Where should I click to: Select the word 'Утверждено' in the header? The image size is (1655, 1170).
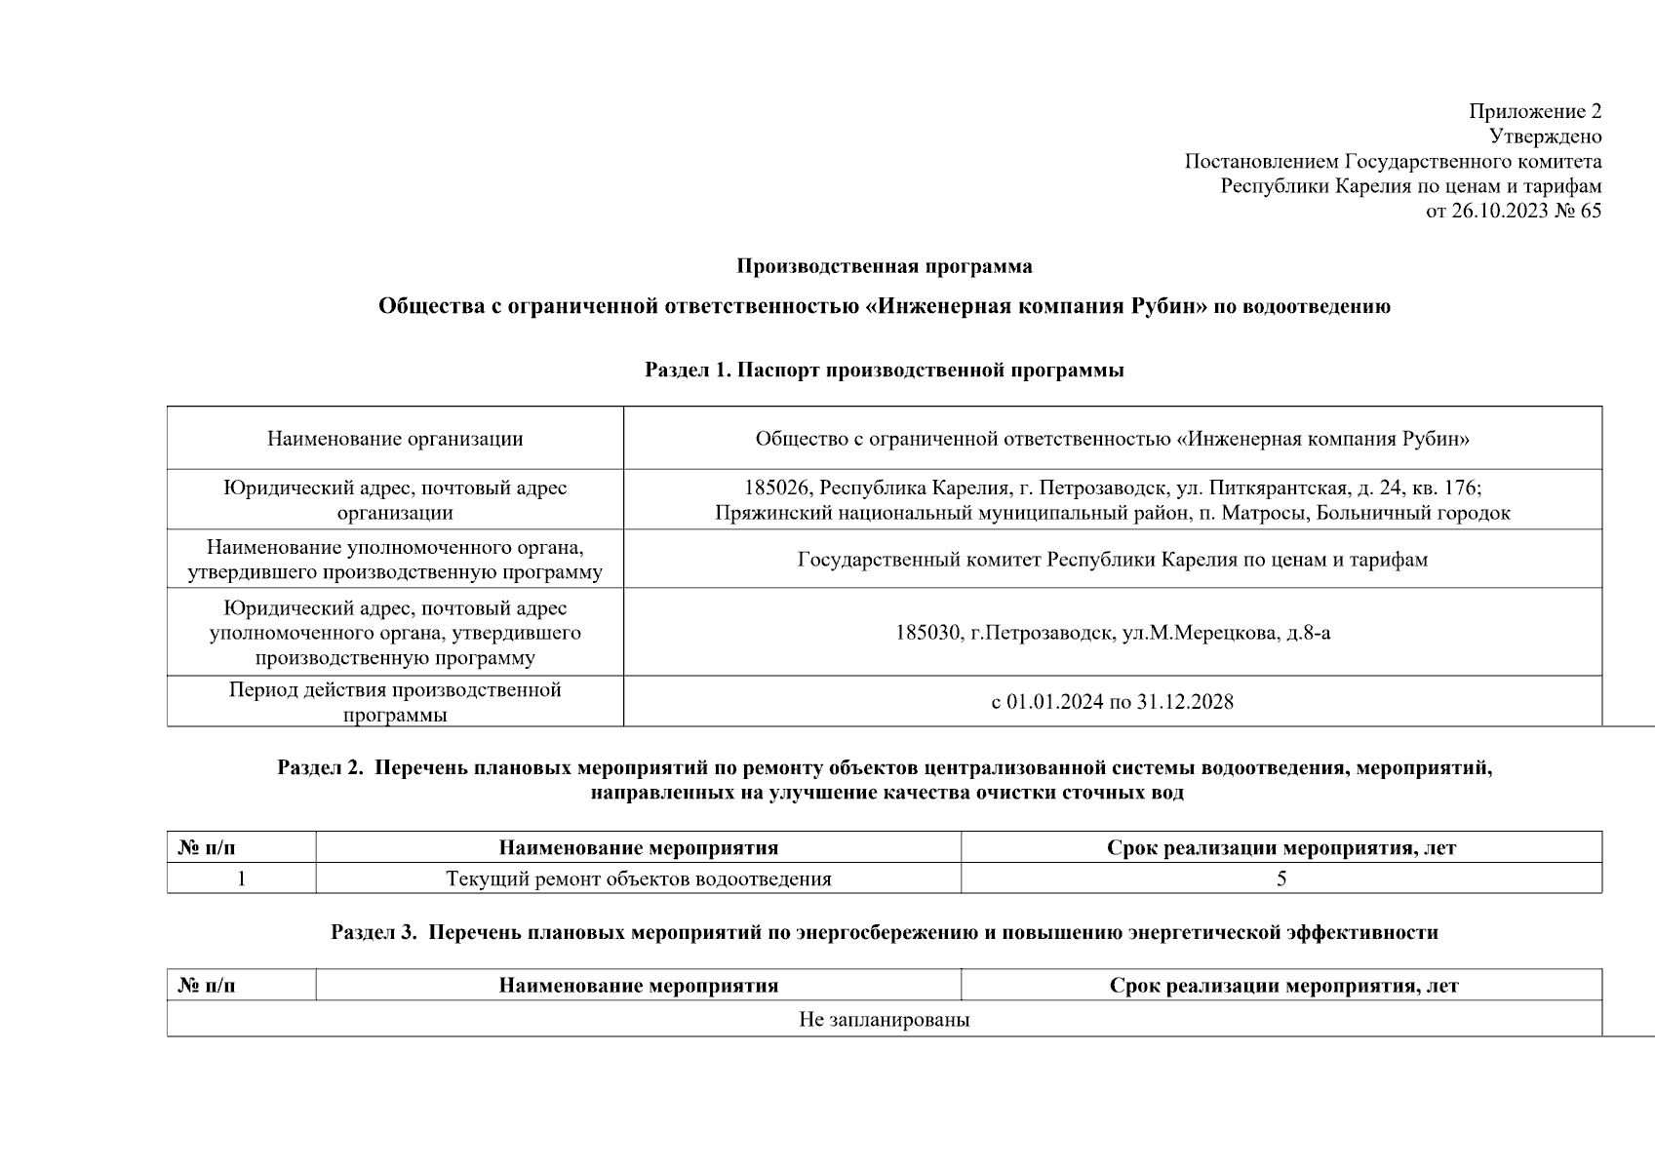pyautogui.click(x=1545, y=136)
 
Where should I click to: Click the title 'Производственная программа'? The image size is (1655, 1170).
pyautogui.click(x=884, y=266)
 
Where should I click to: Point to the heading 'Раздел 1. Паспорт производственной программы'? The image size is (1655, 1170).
pyautogui.click(x=884, y=370)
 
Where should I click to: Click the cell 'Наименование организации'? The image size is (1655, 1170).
pyautogui.click(x=395, y=439)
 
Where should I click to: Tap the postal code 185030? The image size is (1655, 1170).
pyautogui.click(x=927, y=633)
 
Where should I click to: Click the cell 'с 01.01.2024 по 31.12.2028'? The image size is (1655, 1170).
pyautogui.click(x=1112, y=701)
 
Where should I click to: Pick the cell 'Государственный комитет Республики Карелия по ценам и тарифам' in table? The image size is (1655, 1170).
pyautogui.click(x=1112, y=560)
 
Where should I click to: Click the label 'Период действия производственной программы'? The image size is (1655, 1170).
pyautogui.click(x=395, y=701)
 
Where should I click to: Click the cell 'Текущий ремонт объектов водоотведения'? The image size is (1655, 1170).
pyautogui.click(x=639, y=878)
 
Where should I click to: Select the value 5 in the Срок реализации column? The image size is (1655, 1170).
pyautogui.click(x=1281, y=878)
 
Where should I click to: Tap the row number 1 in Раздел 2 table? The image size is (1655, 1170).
pyautogui.click(x=241, y=878)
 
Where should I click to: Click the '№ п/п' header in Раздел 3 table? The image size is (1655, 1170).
pyautogui.click(x=207, y=986)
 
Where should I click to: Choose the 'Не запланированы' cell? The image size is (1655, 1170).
pyautogui.click(x=884, y=1020)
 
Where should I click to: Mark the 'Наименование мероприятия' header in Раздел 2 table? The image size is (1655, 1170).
pyautogui.click(x=639, y=848)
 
